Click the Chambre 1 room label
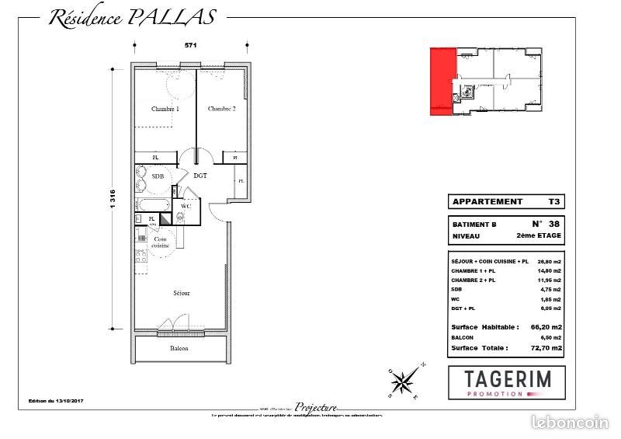pos(165,110)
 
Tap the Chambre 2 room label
pos(221,110)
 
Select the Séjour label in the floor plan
pos(182,293)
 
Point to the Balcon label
pos(179,348)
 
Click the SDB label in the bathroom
pos(158,177)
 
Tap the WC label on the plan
pos(186,207)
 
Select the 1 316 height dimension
pos(113,202)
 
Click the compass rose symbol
pos(404,380)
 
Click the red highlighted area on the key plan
pos(441,82)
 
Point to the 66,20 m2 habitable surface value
pos(546,327)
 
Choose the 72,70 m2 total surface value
pos(546,349)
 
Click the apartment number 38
pos(551,223)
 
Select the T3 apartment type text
pos(553,201)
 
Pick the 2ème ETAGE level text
pos(537,235)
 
